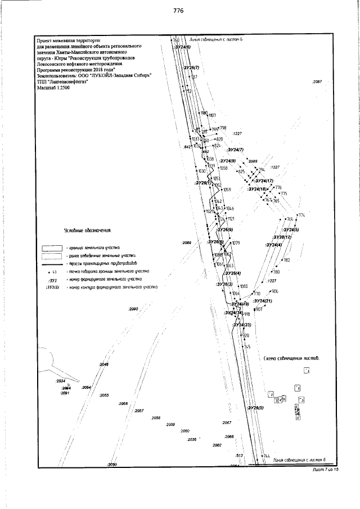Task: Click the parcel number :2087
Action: tap(316, 82)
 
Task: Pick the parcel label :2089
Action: tap(187, 242)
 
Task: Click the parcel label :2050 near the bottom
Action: tap(111, 465)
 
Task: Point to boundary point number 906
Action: tap(274, 291)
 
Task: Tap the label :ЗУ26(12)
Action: tap(279, 237)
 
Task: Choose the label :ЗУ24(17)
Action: tap(263, 181)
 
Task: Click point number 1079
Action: tap(236, 243)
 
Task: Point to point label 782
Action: tap(286, 260)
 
